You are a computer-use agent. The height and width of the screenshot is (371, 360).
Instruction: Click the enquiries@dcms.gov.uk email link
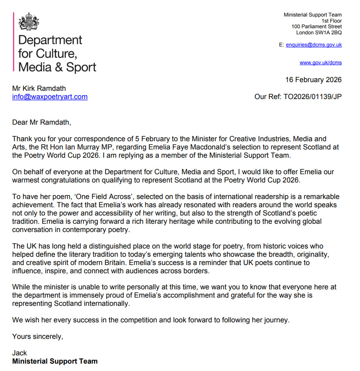(314, 45)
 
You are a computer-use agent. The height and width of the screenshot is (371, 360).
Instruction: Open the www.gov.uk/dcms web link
(320, 63)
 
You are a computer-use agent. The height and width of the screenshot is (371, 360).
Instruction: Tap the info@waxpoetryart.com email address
(50, 97)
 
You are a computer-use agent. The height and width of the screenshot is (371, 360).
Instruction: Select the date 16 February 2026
(314, 80)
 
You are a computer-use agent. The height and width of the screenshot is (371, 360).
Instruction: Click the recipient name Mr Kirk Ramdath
(39, 89)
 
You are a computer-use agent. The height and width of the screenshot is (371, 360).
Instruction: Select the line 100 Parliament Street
(317, 27)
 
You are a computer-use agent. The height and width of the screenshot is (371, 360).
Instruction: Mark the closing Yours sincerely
(38, 336)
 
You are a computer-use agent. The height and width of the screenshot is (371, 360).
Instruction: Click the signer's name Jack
(20, 353)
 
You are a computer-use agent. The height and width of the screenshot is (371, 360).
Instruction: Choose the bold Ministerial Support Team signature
(55, 361)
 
